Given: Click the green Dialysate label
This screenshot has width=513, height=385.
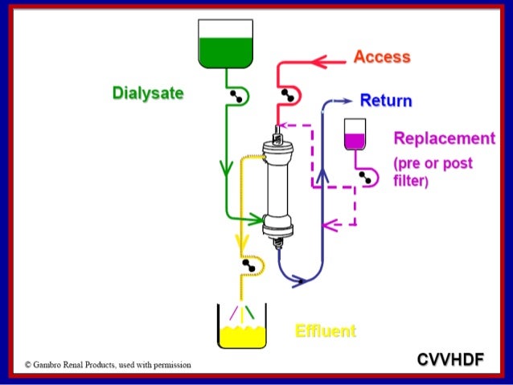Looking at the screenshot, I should (147, 93).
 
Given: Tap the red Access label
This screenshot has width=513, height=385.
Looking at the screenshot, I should (382, 57).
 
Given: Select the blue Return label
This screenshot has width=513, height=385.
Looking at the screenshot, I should (386, 101).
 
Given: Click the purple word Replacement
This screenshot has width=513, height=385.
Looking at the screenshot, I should (444, 138).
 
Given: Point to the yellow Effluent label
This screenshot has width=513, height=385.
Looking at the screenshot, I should (325, 331).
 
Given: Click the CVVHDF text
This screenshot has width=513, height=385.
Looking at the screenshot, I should (450, 359).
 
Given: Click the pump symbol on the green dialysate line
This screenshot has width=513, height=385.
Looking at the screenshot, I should (237, 96).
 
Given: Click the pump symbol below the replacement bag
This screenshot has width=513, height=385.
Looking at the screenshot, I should (369, 178).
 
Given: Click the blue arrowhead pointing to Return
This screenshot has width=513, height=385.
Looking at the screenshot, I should (347, 101).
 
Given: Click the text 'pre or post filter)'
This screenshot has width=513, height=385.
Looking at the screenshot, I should (433, 172).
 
